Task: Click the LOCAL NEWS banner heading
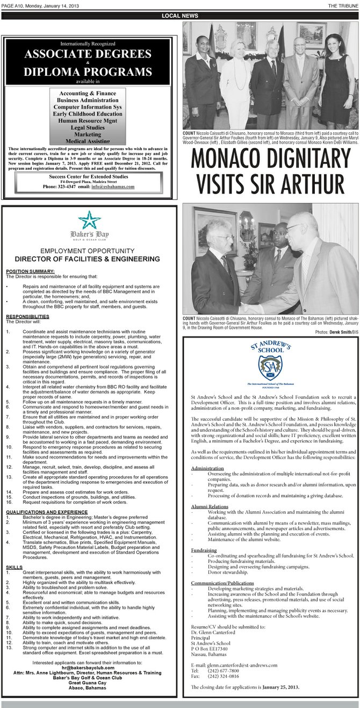180,16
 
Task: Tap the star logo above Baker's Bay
89,219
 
